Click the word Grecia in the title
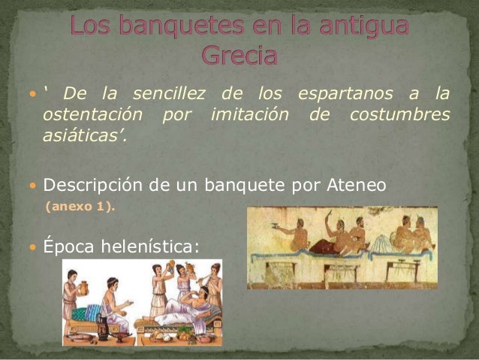pyautogui.click(x=239, y=56)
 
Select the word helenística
pyautogui.click(x=146, y=245)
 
